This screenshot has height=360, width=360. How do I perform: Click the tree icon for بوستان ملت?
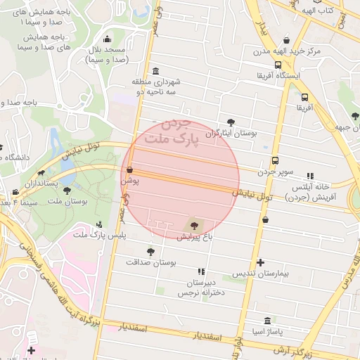67,190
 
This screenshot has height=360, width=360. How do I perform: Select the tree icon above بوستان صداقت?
150,250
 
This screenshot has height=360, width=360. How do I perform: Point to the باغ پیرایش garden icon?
193,225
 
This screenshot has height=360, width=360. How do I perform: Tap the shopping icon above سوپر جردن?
275,160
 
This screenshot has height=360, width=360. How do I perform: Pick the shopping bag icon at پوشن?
129,169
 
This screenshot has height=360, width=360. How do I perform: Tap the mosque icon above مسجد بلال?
107,39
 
